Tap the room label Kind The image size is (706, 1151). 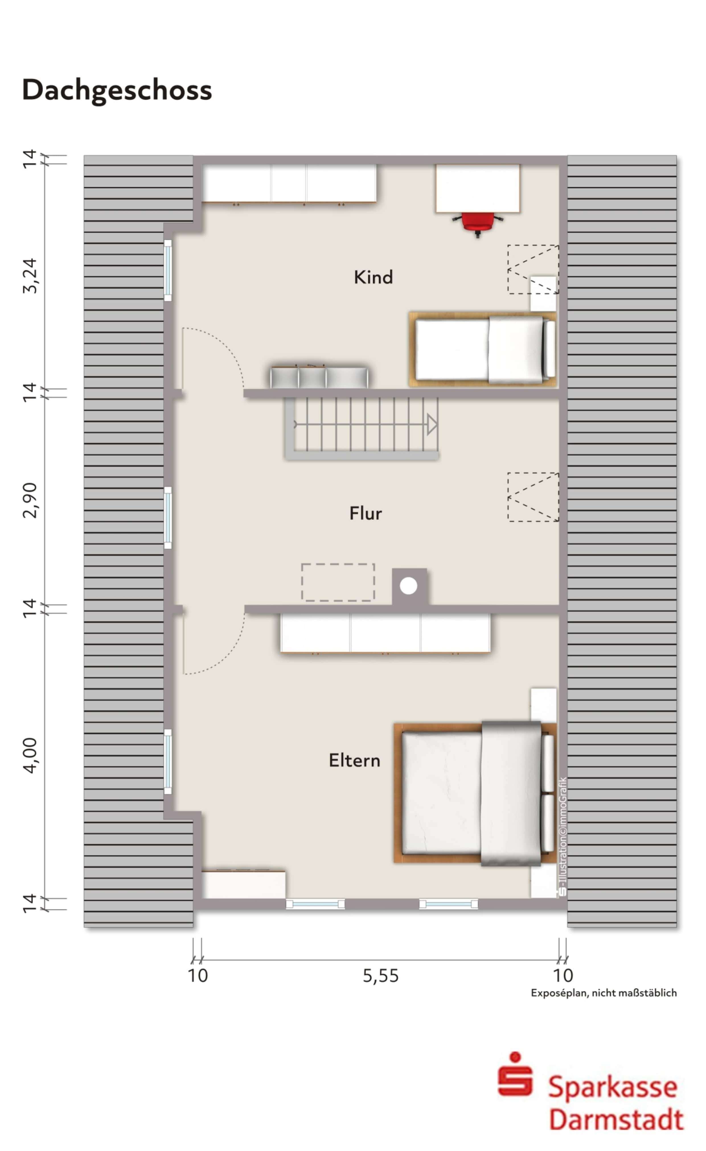point(373,277)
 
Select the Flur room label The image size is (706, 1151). point(366,513)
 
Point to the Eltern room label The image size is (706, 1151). point(354,761)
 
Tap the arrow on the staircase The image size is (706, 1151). point(432,425)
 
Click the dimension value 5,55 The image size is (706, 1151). point(381,976)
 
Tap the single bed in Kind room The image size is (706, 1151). point(483,349)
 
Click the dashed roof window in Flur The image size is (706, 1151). point(533,497)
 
